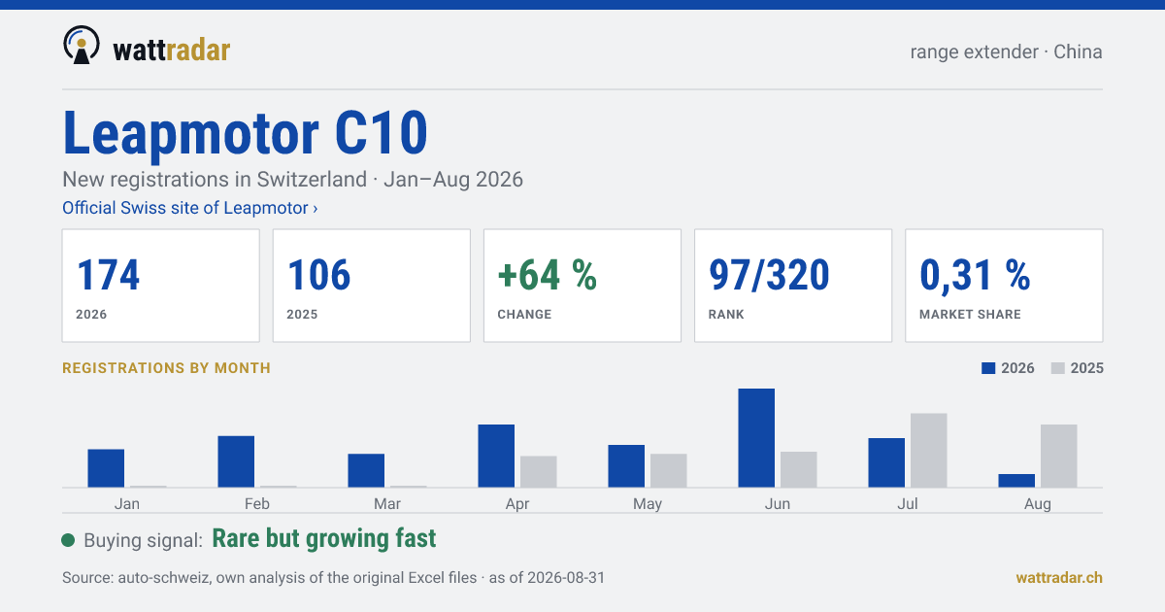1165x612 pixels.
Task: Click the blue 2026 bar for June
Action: click(756, 438)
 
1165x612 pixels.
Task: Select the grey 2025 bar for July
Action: click(928, 450)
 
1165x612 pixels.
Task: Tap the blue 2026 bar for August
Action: click(1016, 481)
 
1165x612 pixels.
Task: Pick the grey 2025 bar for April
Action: click(538, 471)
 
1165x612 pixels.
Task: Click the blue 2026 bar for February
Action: click(236, 461)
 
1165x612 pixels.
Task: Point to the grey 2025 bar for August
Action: click(1059, 456)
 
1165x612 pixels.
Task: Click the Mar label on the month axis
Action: click(387, 504)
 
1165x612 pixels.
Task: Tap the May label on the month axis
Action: click(647, 504)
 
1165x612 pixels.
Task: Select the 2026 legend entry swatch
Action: click(988, 368)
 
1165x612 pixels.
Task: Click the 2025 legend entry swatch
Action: click(1058, 368)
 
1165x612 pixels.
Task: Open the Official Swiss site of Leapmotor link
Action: click(190, 208)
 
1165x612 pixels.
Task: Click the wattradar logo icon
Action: click(82, 46)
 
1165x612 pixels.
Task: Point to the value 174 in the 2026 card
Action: click(108, 275)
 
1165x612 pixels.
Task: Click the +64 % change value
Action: click(548, 275)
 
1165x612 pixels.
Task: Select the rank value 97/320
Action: click(769, 275)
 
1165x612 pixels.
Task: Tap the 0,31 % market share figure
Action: click(975, 276)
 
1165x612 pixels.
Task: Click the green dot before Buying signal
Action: click(68, 540)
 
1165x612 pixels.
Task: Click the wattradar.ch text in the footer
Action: click(1059, 578)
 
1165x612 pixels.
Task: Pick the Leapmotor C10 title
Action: click(245, 133)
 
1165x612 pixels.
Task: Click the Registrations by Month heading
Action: click(166, 368)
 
